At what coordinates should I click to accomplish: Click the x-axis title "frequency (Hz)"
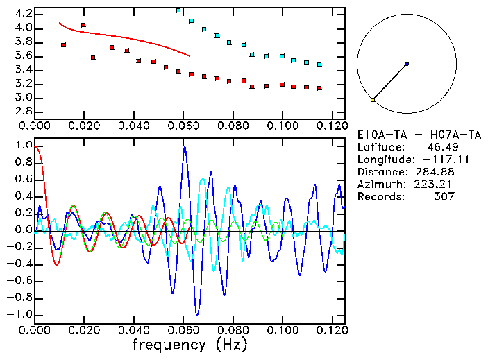coord(190,344)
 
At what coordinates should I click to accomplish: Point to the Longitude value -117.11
coord(434,160)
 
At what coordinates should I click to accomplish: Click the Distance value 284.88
coord(437,172)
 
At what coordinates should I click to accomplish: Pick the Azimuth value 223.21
coord(437,185)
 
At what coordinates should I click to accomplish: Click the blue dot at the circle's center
coord(407,64)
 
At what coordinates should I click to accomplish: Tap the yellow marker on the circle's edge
coord(373,100)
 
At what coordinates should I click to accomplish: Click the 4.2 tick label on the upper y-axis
coord(23,14)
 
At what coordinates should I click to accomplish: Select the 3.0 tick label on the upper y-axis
coord(23,98)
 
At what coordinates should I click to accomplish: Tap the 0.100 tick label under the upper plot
coord(283,126)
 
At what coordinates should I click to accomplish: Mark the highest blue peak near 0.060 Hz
coord(185,147)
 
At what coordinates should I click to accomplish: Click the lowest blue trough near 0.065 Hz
coord(197,315)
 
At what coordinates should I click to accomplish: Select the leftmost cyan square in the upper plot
coord(179,11)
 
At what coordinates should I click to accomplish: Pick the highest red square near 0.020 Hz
coord(83,25)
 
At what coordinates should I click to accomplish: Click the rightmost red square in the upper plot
coord(319,88)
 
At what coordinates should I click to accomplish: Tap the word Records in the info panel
coord(379,197)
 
